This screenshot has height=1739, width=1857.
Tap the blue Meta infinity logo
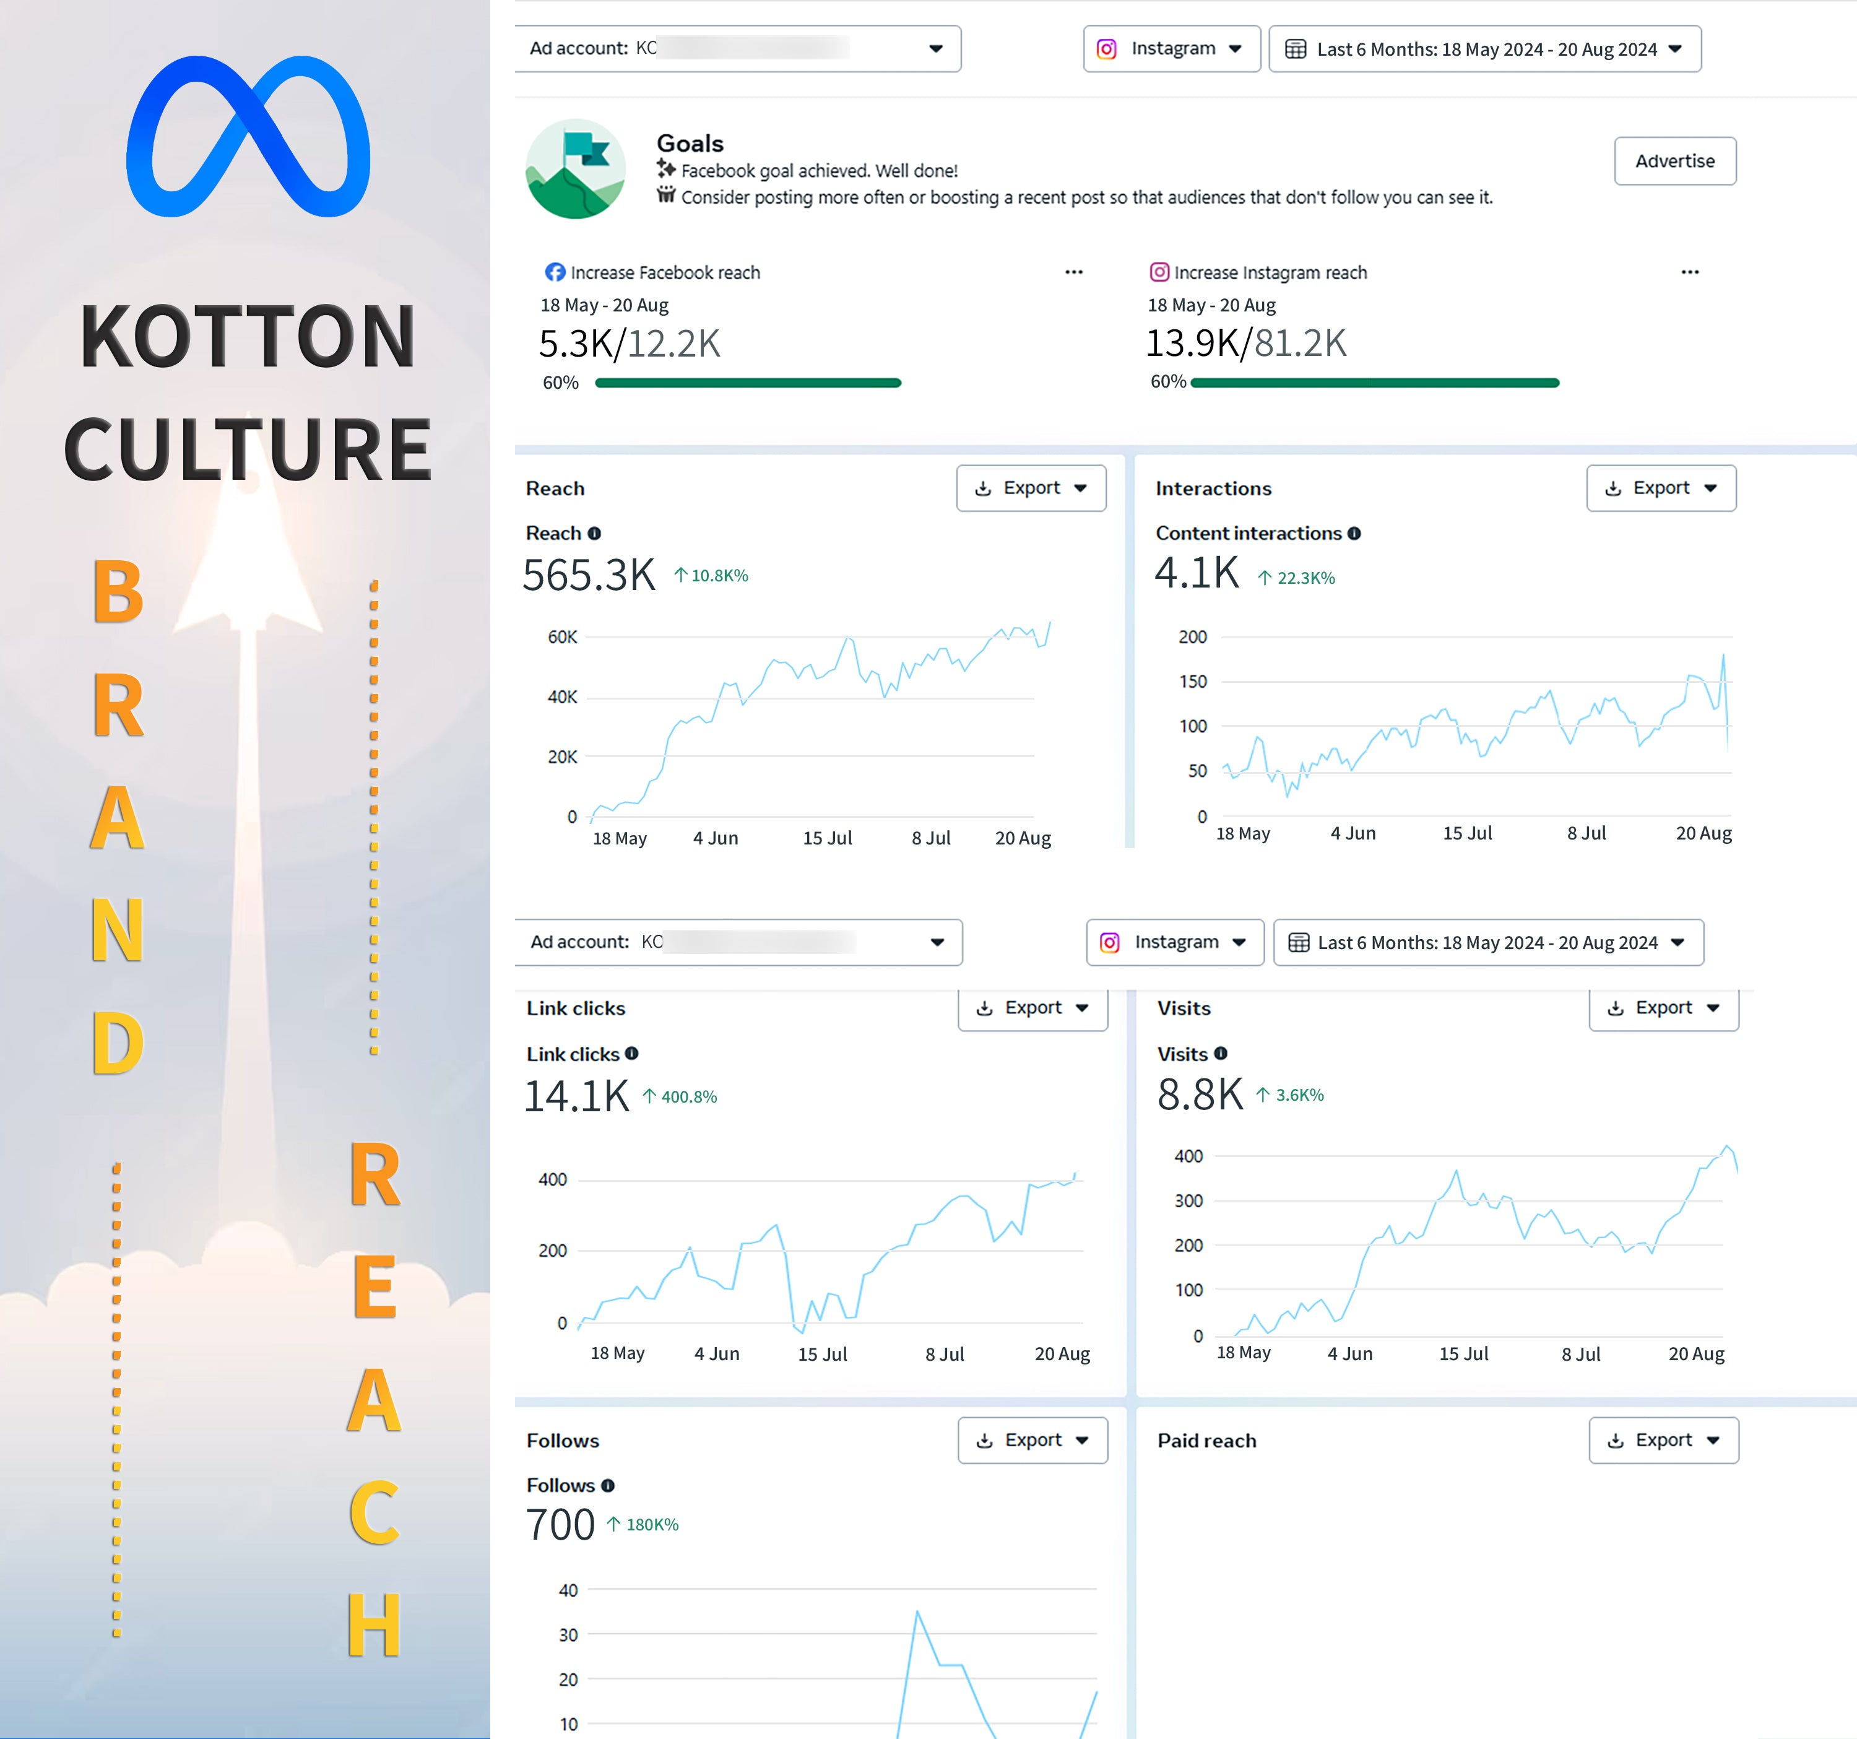coord(248,136)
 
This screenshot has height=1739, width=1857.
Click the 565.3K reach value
coord(589,575)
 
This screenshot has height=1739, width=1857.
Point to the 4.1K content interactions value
coord(1197,573)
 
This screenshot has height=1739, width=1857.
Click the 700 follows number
coord(560,1524)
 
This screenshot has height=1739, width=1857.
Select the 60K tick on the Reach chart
coord(562,637)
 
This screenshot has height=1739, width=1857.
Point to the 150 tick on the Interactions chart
coord(1192,681)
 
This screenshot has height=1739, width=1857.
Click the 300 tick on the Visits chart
coord(1188,1201)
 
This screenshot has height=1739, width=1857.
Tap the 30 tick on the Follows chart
coord(568,1634)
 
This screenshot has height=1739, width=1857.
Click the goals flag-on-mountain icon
coord(576,169)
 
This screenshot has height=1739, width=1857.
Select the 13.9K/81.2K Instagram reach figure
coord(1245,343)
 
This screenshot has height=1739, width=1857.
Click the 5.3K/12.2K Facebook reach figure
coord(629,344)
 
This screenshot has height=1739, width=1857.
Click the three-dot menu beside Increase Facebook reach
coord(1073,272)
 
